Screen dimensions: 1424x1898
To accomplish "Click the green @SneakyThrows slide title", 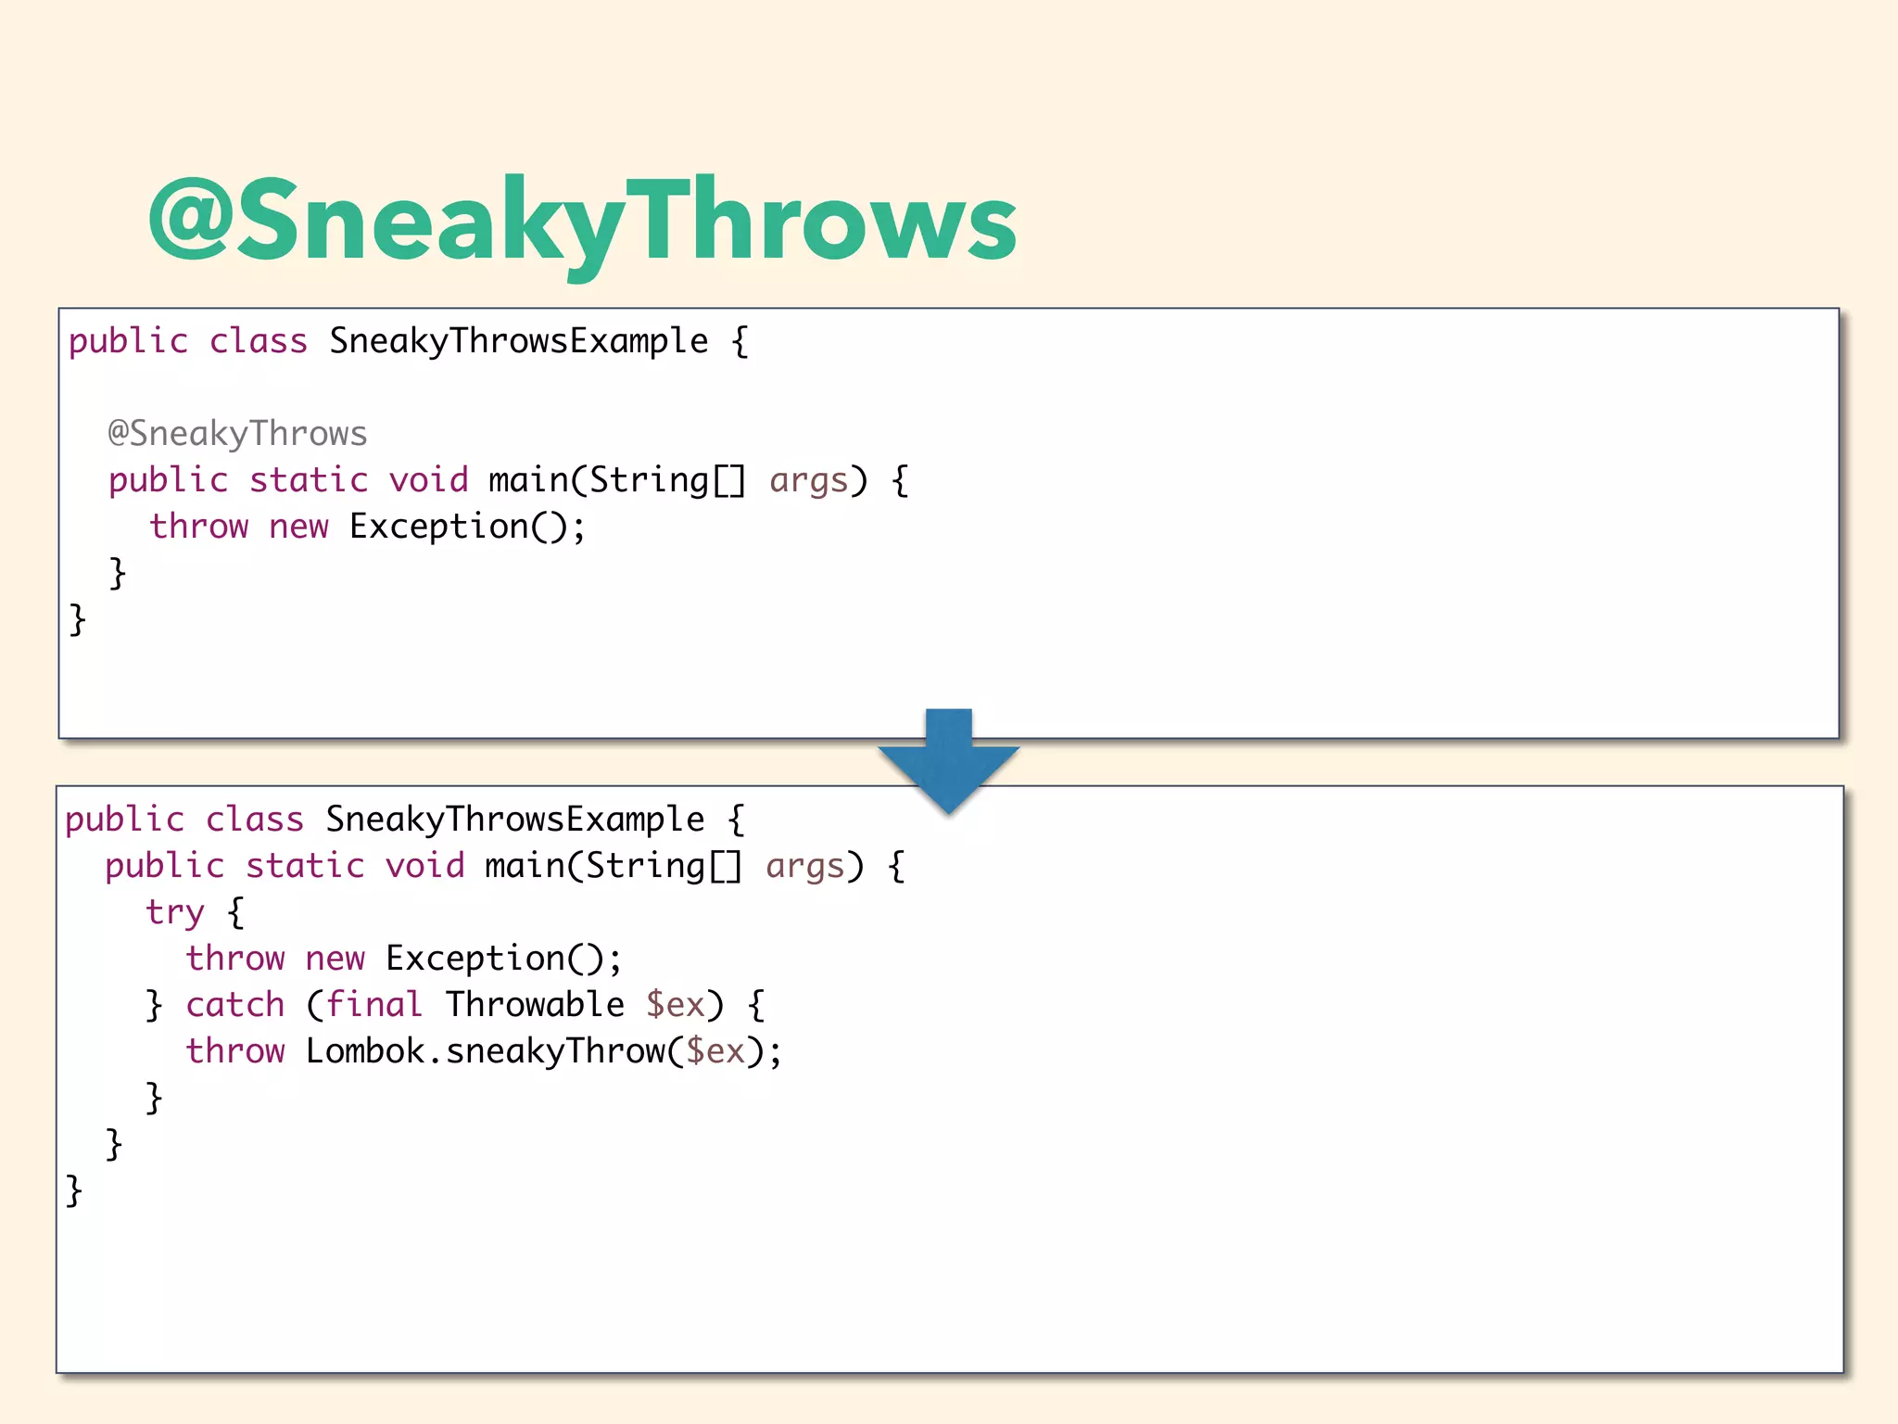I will coord(582,222).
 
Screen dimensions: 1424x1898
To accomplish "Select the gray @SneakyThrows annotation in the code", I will coord(237,434).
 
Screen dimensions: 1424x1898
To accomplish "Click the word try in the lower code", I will coord(174,912).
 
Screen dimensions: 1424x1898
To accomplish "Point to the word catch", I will coord(235,1005).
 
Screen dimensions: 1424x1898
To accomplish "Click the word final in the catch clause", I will coord(373,1005).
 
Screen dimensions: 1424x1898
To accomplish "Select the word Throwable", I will coord(535,1005).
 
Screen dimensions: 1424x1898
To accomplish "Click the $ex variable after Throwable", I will coord(676,1005).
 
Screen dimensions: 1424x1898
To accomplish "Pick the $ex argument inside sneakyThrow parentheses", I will coord(715,1051).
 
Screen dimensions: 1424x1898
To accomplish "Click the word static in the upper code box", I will coord(309,480).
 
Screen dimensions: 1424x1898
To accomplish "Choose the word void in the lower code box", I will coord(425,866).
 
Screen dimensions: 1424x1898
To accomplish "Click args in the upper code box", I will coord(809,480).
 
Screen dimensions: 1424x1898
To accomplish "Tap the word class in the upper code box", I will coord(258,341).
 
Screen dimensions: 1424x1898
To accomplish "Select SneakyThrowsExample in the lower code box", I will coord(514,820).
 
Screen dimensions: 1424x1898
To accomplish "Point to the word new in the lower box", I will coord(335,959).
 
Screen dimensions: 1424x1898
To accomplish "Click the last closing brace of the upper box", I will coord(78,619).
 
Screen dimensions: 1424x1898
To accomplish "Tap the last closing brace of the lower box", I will coord(74,1190).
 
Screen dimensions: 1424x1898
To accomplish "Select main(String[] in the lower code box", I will coord(614,866).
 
